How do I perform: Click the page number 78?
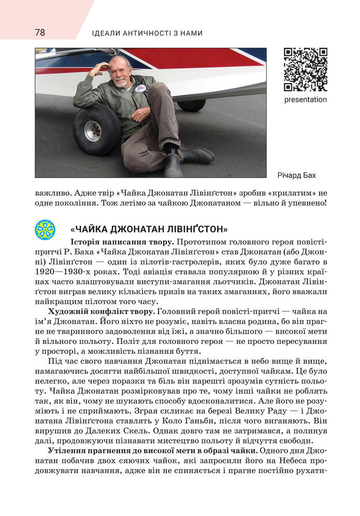(x=40, y=33)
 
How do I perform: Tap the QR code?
(x=305, y=69)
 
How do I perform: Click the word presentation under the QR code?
(x=305, y=99)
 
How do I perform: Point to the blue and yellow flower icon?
(x=45, y=230)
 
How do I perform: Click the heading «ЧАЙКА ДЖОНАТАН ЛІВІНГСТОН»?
(x=149, y=230)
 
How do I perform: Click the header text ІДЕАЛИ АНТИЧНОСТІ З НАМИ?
(x=147, y=33)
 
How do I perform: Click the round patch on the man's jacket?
(x=139, y=89)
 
